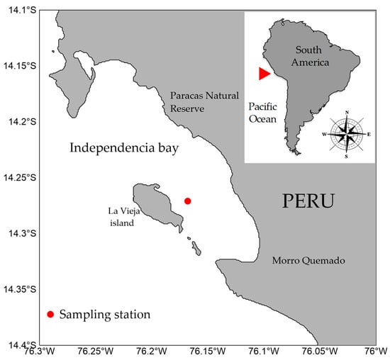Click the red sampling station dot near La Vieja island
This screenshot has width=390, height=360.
click(x=188, y=201)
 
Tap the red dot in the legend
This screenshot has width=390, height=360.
click(x=50, y=314)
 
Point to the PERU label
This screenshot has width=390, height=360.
click(x=308, y=201)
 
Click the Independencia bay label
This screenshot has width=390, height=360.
click(x=123, y=149)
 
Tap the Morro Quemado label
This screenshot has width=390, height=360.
click(x=308, y=261)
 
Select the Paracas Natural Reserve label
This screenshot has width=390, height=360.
click(x=197, y=102)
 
